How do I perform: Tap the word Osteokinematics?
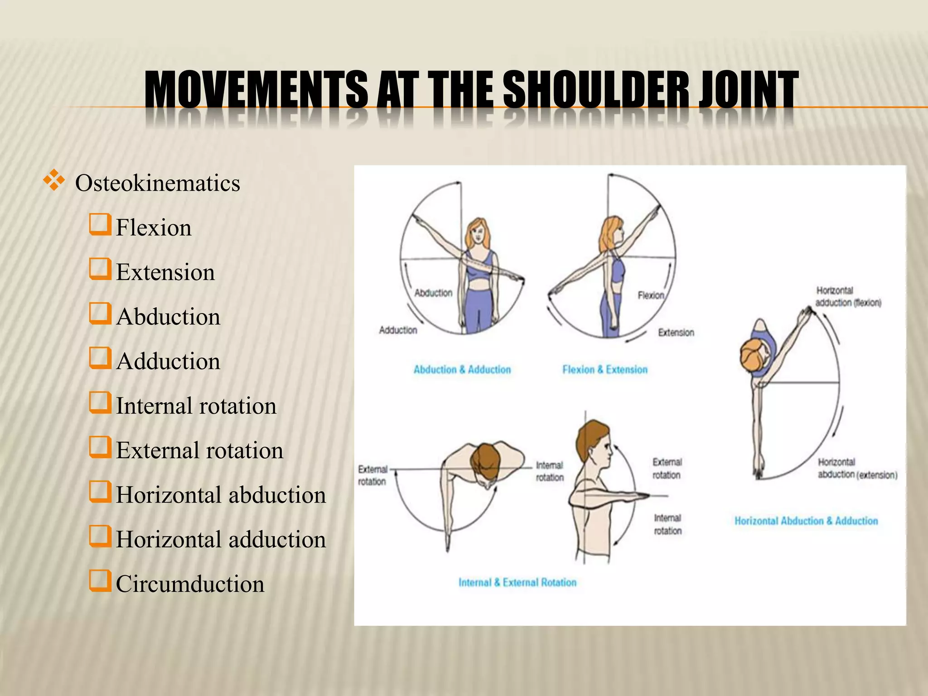coord(157,183)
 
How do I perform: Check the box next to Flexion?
coord(100,225)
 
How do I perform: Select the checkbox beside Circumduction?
coord(100,581)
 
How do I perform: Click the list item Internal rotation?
coord(196,406)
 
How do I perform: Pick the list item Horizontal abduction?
coord(221,495)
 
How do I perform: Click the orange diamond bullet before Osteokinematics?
coord(53,180)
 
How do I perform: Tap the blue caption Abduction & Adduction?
coord(462,370)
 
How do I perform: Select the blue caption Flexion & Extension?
coord(604,370)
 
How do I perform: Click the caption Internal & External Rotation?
coord(517,582)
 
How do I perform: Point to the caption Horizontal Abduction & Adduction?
coord(806,521)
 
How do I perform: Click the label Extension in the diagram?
coord(676,333)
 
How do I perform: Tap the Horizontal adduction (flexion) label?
coord(847,297)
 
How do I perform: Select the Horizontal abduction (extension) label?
coord(856,469)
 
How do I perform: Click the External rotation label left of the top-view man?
coord(372,475)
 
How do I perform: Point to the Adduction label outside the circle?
coord(398,330)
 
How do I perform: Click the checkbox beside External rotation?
coord(100,447)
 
